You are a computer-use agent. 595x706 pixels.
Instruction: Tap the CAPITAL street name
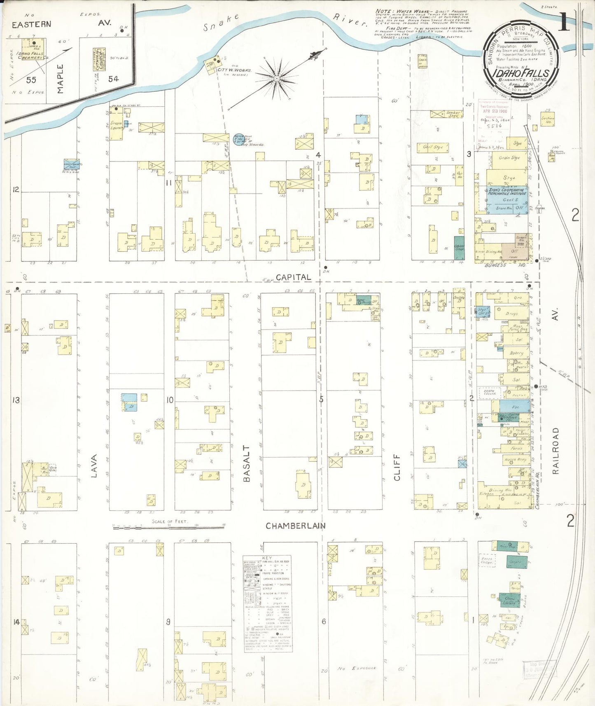pyautogui.click(x=293, y=277)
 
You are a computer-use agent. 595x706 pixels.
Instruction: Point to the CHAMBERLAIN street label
pyautogui.click(x=295, y=526)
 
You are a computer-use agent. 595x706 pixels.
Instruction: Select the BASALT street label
pyautogui.click(x=246, y=463)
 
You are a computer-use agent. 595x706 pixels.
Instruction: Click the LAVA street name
pyautogui.click(x=94, y=466)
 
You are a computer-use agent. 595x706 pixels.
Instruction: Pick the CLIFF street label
pyautogui.click(x=397, y=468)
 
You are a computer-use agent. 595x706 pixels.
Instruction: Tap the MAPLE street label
pyautogui.click(x=61, y=79)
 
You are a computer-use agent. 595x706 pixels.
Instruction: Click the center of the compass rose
pyautogui.click(x=277, y=77)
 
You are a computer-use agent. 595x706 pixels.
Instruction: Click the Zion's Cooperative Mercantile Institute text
pyautogui.click(x=507, y=191)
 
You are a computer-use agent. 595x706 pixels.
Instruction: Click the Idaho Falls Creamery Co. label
pyautogui.click(x=30, y=56)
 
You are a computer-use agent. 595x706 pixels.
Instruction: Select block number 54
pyautogui.click(x=113, y=79)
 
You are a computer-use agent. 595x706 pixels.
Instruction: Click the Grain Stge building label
pyautogui.click(x=509, y=158)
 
